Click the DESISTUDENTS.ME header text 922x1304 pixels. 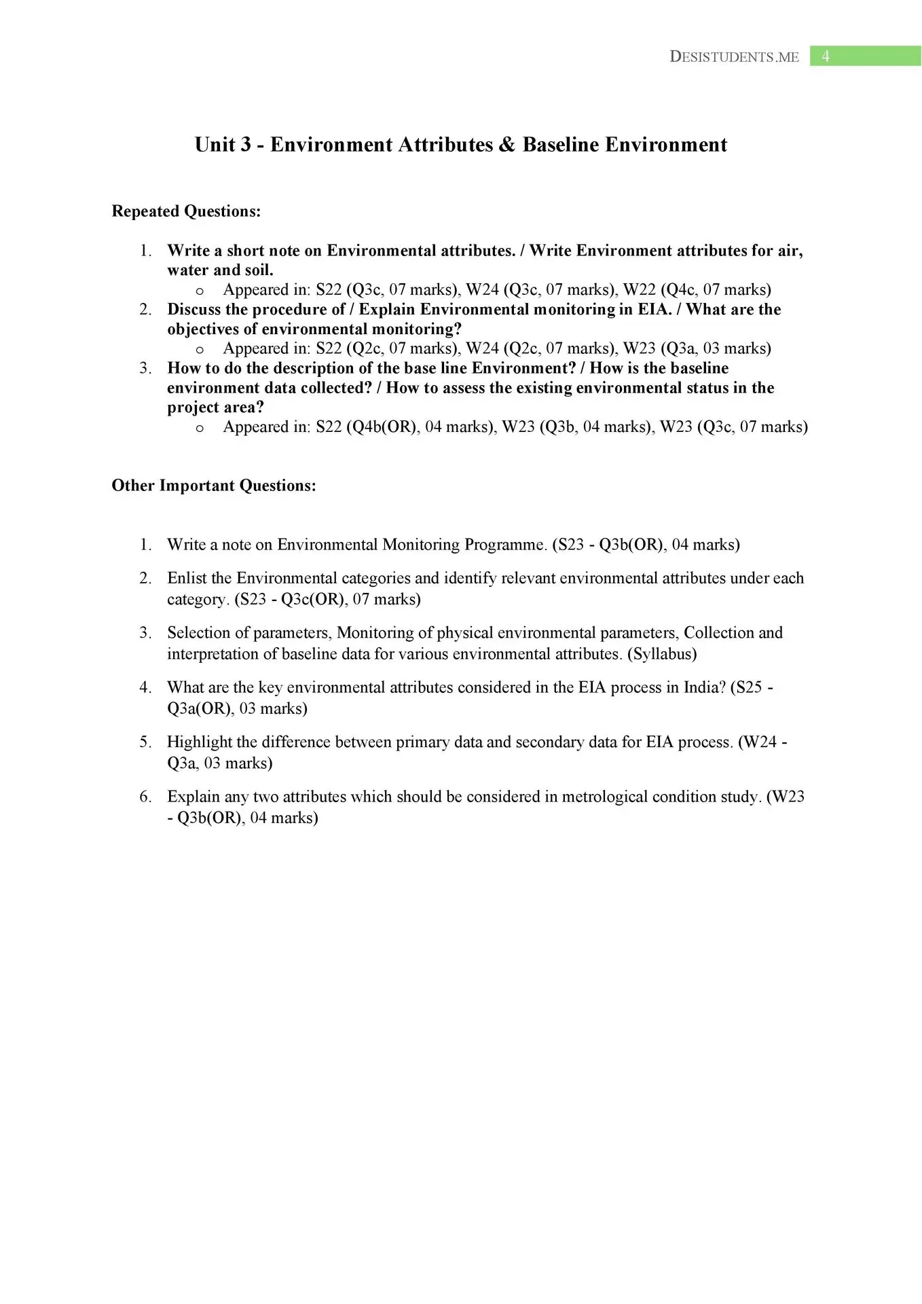[x=734, y=57]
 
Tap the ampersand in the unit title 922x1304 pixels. [x=506, y=145]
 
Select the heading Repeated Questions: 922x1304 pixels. [x=186, y=211]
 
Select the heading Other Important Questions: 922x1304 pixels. [x=214, y=486]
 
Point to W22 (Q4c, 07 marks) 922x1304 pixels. [x=697, y=290]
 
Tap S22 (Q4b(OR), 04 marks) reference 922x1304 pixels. [x=406, y=427]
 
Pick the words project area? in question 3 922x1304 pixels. [x=215, y=407]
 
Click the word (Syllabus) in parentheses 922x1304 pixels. [x=662, y=654]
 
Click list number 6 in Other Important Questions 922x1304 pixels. [x=145, y=797]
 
